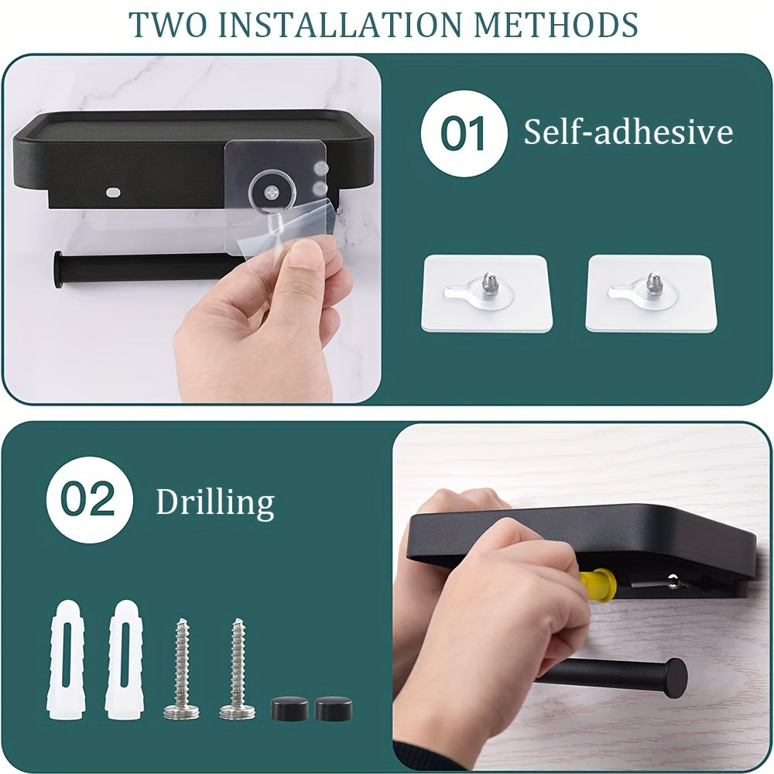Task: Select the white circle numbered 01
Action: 463,133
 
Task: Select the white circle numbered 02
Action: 88,500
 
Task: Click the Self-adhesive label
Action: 628,132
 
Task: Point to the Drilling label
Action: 215,502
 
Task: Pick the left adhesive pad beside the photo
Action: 486,293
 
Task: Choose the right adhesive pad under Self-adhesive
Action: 649,293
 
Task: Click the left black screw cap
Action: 289,707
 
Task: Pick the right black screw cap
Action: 334,707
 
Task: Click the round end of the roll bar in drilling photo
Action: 674,676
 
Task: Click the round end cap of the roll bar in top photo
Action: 59,269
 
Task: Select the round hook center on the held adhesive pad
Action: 270,188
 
